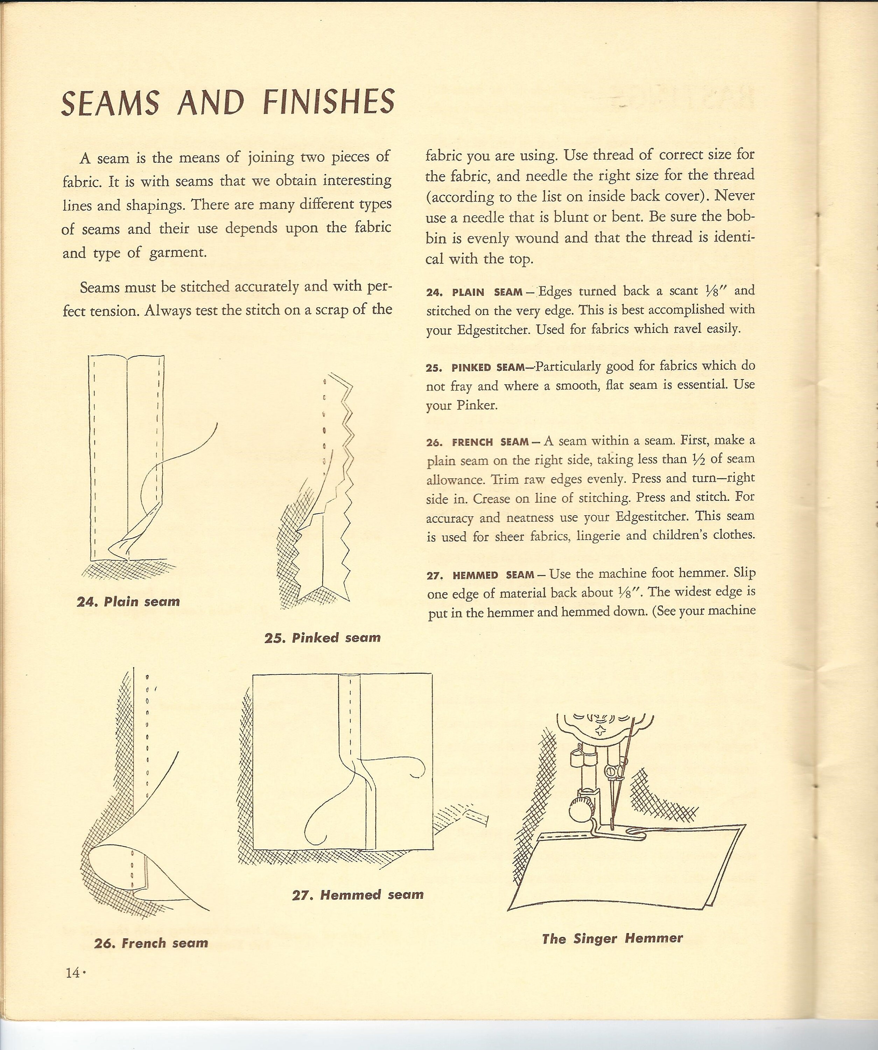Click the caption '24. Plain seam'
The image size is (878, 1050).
coord(128,602)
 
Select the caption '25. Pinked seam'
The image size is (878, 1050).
coord(323,637)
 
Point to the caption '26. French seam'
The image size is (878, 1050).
coord(151,943)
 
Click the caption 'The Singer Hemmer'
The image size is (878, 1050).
coord(612,938)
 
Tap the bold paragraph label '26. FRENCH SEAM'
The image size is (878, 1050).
coord(478,442)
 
